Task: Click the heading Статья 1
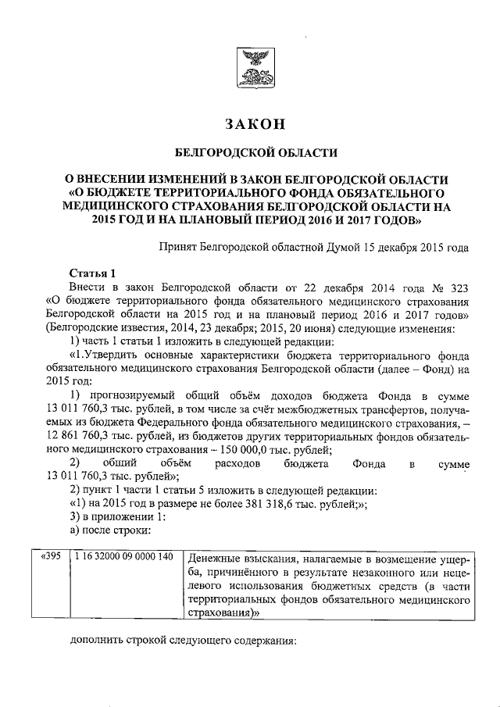coord(92,273)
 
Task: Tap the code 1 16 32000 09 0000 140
coord(123,557)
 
